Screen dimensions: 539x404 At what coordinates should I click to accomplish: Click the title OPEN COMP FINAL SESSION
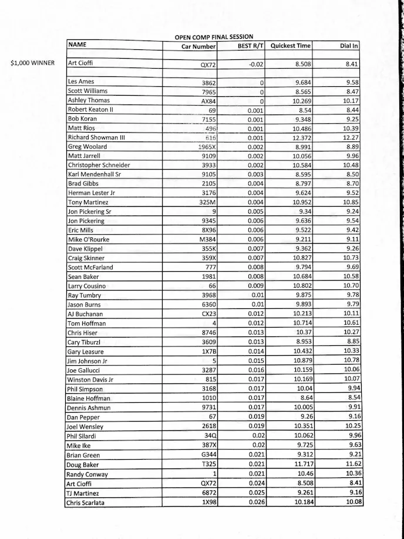[x=214, y=37]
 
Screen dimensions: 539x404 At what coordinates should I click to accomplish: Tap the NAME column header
[x=78, y=45]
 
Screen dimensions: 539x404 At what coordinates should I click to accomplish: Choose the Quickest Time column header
[x=291, y=46]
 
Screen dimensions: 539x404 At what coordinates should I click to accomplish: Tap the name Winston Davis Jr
[x=90, y=379]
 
